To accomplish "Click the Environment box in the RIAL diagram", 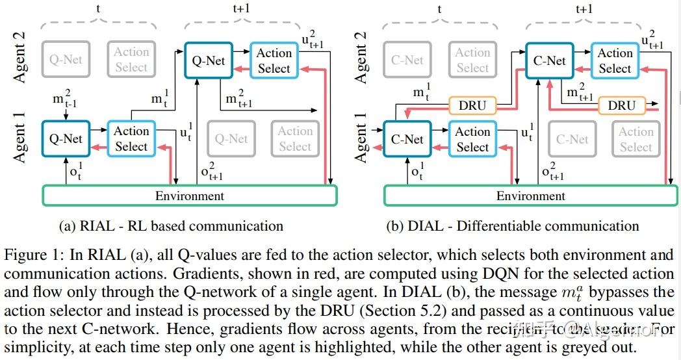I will pos(189,196).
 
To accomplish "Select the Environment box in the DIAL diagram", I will pos(530,196).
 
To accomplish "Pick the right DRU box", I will pos(622,105).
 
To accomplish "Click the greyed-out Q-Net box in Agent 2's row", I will pos(66,60).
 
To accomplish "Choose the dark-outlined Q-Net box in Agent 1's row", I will pos(66,139).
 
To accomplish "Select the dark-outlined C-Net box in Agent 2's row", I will pos(549,61).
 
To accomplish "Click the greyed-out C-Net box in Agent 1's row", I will pos(572,139).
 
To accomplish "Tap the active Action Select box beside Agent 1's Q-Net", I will pos(131,139).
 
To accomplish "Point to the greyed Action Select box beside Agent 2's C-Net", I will pos(472,60).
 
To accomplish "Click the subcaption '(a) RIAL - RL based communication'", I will pos(171,226).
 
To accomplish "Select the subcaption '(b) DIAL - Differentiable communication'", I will pos(512,226).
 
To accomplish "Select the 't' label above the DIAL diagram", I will pos(440,9).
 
